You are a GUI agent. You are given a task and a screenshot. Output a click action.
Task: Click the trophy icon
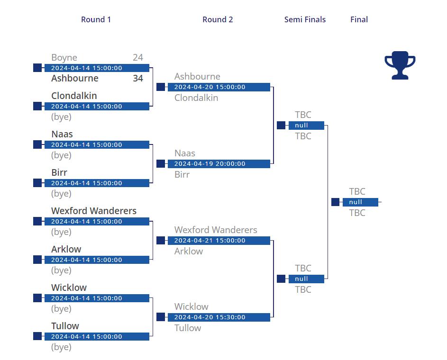pos(400,65)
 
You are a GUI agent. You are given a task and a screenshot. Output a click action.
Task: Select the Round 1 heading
pos(96,19)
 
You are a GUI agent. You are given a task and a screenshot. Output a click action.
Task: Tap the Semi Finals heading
pos(305,19)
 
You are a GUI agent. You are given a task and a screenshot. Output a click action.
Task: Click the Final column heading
pos(359,19)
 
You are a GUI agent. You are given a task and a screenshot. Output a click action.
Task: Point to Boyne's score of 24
pos(137,57)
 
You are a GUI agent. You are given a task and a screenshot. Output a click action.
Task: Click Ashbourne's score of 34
pos(137,78)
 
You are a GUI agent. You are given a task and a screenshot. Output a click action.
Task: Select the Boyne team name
pos(64,58)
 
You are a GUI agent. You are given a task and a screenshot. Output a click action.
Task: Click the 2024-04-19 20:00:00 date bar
pos(219,164)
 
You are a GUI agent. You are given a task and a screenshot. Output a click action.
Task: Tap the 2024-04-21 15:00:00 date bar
pos(219,240)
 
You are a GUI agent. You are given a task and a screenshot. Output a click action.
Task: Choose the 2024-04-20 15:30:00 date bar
pos(219,317)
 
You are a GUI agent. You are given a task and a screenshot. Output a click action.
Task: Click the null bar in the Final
pos(360,202)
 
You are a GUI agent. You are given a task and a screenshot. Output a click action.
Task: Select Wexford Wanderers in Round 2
pos(216,230)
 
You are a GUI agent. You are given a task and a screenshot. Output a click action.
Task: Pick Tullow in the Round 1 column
pos(65,326)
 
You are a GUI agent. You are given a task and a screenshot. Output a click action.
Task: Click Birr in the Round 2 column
pos(182,174)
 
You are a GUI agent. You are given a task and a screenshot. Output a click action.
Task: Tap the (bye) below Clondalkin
pos(61,117)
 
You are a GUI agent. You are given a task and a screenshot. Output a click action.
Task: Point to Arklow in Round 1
pos(66,249)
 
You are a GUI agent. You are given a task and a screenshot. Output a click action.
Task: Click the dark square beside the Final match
pos(335,202)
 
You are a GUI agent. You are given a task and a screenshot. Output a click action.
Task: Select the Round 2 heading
pos(218,19)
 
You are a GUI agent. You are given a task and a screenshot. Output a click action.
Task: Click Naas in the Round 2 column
pos(185,153)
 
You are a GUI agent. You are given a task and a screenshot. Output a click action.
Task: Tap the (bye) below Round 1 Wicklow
pos(61,309)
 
